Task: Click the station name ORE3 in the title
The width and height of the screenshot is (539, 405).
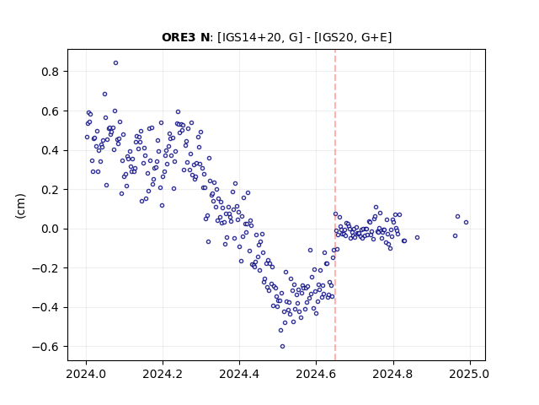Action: point(179,37)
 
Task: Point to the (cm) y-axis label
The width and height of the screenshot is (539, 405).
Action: point(20,206)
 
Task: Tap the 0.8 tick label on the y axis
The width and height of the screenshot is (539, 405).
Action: point(51,72)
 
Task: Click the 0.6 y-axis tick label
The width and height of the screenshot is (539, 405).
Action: point(51,111)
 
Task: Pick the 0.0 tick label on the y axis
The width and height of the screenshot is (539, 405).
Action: point(51,229)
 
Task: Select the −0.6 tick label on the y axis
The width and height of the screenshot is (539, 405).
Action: point(45,347)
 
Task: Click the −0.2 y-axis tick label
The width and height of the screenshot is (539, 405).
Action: point(45,268)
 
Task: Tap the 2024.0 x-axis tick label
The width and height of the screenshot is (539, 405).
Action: point(86,374)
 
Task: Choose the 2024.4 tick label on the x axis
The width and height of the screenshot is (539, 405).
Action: point(239,374)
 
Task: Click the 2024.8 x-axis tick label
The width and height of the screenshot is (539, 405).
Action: point(393,374)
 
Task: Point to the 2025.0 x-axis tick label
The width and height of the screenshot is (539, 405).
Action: point(470,374)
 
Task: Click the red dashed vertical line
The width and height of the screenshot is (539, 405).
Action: point(335,205)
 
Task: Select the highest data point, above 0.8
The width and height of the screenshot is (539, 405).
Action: point(116,63)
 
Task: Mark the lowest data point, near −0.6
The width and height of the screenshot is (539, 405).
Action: point(283,347)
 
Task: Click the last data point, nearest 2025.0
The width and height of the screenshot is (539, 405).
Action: point(466,223)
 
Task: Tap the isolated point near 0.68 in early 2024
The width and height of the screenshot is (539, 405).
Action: point(104,94)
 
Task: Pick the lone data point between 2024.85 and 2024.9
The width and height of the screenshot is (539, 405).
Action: point(418,238)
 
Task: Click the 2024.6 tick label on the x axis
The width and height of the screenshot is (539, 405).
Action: point(317,374)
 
